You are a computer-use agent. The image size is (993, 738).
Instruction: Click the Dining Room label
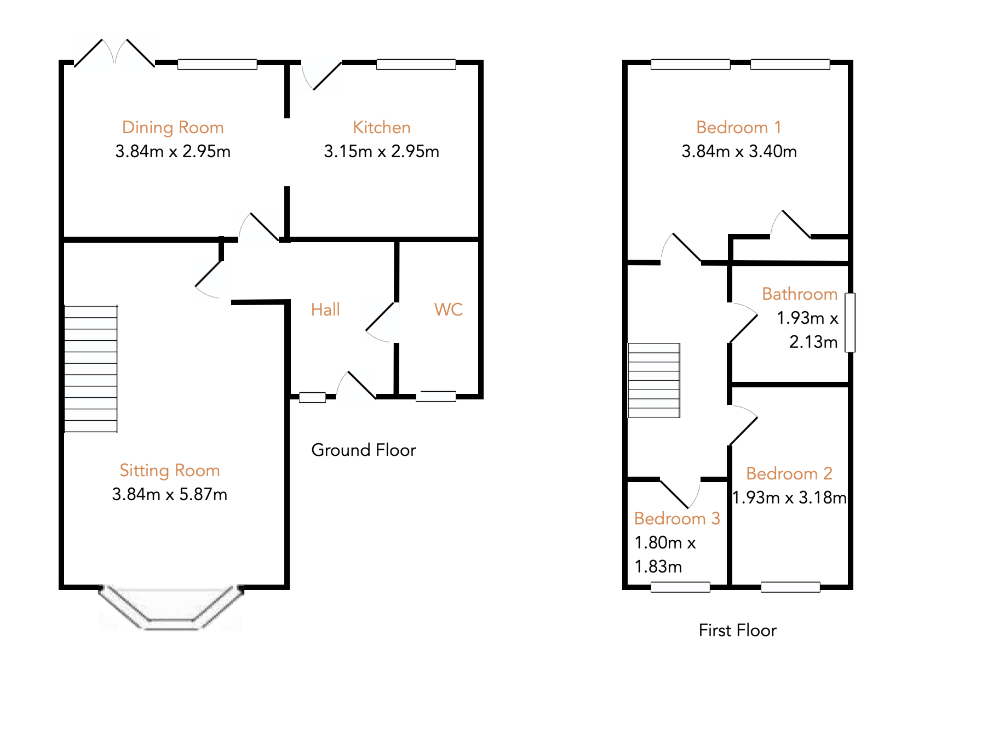point(173,127)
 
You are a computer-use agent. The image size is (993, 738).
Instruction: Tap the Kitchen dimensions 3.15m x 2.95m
point(381,151)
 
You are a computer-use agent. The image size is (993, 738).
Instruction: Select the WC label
point(448,310)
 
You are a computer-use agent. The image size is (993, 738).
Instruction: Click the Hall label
point(325,310)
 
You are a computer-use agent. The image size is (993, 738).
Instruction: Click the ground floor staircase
point(91,369)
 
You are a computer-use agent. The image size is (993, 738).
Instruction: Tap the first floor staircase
point(654,380)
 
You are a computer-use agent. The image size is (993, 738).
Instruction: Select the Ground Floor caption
point(363,450)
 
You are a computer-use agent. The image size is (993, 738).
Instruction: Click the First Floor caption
point(737,630)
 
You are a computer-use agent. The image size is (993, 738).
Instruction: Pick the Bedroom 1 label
point(738,127)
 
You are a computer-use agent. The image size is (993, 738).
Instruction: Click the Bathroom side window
point(850,323)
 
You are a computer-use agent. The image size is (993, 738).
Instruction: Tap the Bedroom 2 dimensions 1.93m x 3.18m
point(789,497)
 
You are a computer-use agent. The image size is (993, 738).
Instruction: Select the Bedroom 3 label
point(676,518)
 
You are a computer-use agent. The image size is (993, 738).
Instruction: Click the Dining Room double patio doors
point(114,54)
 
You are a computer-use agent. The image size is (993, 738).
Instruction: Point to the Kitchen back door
point(322,76)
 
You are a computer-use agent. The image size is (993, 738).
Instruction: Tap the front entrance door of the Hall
point(356,385)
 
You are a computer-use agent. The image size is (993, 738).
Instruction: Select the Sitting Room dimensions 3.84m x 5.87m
point(169,494)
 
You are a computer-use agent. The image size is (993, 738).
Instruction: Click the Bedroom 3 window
point(680,587)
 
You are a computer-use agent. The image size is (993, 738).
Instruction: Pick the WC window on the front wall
point(436,396)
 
